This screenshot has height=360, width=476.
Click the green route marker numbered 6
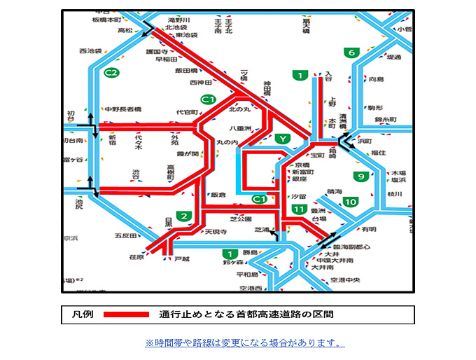coord(351,53)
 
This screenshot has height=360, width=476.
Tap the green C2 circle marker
coord(111,72)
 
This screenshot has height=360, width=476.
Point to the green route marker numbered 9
coord(361,176)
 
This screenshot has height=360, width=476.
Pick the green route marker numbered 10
coord(350,202)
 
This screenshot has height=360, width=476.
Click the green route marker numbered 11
coord(299,209)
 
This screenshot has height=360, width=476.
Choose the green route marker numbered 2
coord(184,216)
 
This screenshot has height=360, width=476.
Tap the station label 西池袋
coord(90,51)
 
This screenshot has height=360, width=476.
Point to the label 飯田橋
coord(186,71)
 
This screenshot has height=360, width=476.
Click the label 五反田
coord(127,235)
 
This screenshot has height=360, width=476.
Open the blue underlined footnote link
coord(244,343)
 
